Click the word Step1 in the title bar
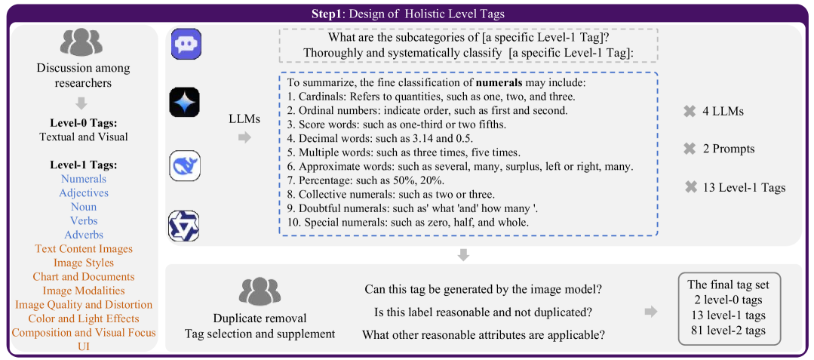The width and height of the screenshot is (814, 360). pos(330,14)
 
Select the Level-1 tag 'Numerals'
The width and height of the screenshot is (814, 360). pos(83,179)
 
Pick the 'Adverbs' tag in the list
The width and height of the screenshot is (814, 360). pos(83,235)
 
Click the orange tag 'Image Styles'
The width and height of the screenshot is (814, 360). pos(83,263)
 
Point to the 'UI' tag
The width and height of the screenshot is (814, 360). pos(83,346)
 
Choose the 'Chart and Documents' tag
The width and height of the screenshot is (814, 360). pos(83,276)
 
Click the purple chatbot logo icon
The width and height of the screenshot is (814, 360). pos(185,45)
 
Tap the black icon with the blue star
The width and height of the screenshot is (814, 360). pos(185,103)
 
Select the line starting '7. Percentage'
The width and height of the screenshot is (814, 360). pos(370,180)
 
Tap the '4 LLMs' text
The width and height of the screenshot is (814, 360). pos(722,111)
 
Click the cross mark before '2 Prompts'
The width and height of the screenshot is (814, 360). pos(689,149)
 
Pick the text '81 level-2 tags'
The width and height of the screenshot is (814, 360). pos(729,330)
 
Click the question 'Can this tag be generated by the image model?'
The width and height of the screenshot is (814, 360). pos(488,289)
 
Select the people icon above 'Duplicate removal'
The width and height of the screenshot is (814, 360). pos(260,291)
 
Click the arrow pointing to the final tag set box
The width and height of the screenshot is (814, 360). pos(650,311)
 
